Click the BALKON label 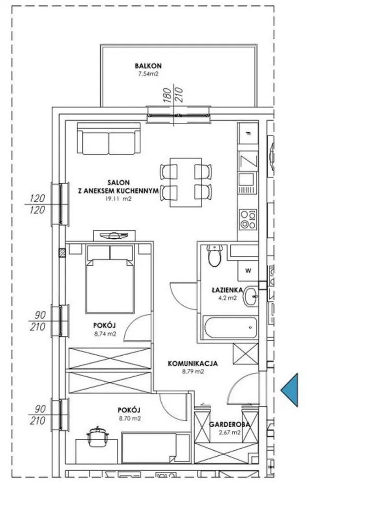pos(148,66)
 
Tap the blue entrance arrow pos(290,390)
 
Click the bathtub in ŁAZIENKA pos(230,327)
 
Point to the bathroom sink pos(251,296)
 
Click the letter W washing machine pos(248,271)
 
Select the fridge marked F pos(248,133)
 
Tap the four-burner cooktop pos(248,219)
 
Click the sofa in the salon pos(109,138)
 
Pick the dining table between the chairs pos(186,182)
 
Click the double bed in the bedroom pos(110,279)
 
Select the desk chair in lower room pos(97,437)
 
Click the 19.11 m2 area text pos(118,199)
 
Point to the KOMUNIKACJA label pos(193,363)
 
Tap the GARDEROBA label pos(229,425)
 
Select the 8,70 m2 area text pos(130,419)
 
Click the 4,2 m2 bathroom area pos(227,298)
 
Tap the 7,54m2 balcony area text pos(148,74)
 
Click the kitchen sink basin pos(247,178)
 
